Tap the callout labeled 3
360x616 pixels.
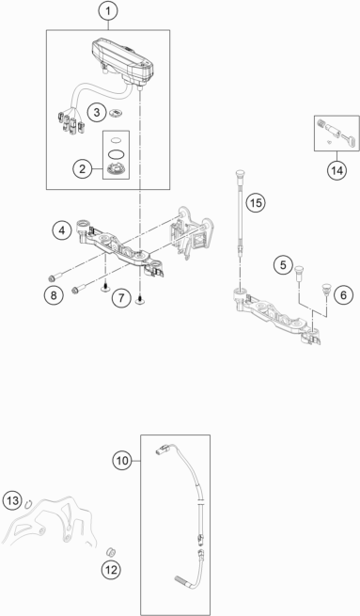pos(95,113)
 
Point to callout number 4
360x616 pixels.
pos(61,229)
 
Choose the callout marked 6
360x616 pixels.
pos(344,294)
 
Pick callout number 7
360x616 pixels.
pos(119,298)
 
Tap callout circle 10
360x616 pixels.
pos(123,461)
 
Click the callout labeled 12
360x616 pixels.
pos(112,570)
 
